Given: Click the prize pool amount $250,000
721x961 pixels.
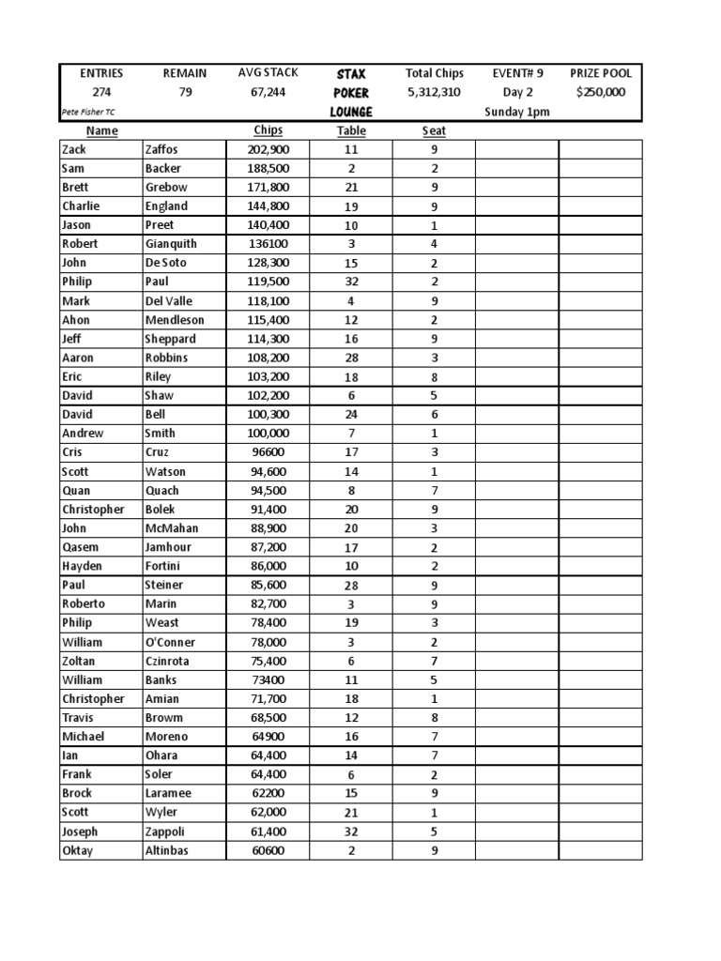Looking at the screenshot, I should point(600,92).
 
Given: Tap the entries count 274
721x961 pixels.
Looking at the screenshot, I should point(100,92).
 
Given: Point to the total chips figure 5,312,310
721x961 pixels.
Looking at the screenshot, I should point(434,92).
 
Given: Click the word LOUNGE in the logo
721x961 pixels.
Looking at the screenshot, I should point(351,112).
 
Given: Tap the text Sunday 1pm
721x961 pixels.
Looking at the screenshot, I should point(517,112).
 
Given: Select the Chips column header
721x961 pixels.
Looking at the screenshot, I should point(268,130).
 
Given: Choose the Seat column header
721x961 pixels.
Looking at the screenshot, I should point(434,130).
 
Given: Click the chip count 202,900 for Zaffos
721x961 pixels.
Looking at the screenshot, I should point(268,149).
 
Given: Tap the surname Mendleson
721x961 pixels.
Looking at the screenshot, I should point(174,320).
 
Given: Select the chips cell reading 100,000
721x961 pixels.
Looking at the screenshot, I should point(268,434).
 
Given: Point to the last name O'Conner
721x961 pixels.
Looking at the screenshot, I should point(170,642).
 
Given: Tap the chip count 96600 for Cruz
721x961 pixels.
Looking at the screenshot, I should point(268,452).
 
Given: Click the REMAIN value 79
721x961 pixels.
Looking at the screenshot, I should point(185,92).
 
